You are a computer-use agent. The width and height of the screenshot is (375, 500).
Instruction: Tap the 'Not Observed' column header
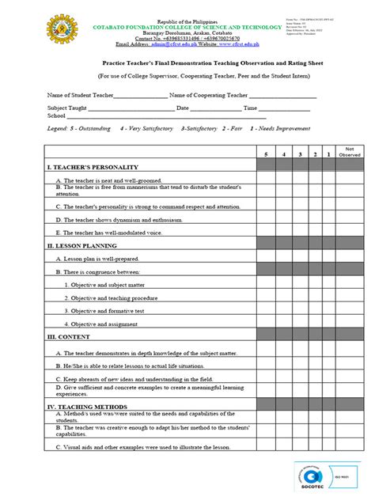(x=349, y=152)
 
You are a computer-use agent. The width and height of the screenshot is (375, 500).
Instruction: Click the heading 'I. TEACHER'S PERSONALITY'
(x=93, y=167)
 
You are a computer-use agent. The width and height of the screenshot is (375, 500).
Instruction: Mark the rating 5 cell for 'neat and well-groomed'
(x=266, y=180)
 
